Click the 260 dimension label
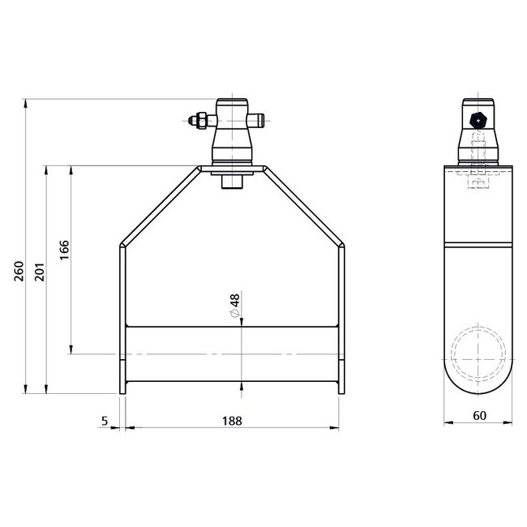(x=19, y=271)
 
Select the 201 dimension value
(x=40, y=272)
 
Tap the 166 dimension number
(x=64, y=250)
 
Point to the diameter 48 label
(x=234, y=305)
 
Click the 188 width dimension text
(x=232, y=421)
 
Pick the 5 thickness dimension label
(x=105, y=421)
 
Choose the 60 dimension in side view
(x=479, y=416)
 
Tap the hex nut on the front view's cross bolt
(x=201, y=120)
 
